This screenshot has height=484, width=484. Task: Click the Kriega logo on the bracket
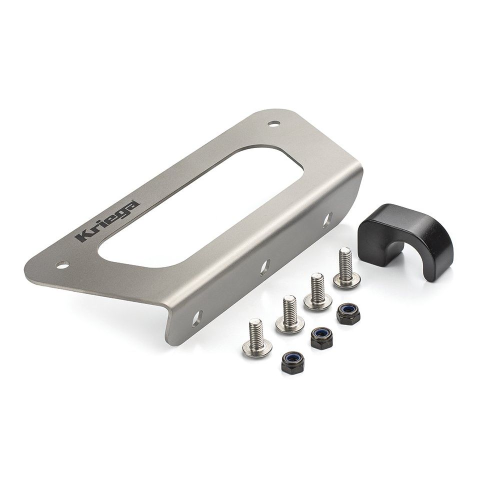pyautogui.click(x=107, y=220)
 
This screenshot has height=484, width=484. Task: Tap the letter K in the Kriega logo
pyautogui.click(x=82, y=236)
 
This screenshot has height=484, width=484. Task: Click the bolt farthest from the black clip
pyautogui.click(x=256, y=339)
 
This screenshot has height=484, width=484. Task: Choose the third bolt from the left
pyautogui.click(x=317, y=291)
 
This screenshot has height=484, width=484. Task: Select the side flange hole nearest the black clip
pyautogui.click(x=328, y=219)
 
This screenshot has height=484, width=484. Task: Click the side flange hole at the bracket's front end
pyautogui.click(x=197, y=317)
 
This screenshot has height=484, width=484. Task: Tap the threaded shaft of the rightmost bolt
pyautogui.click(x=344, y=260)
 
